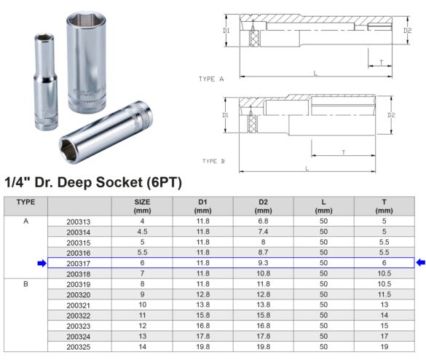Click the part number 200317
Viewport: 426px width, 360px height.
[x=78, y=262]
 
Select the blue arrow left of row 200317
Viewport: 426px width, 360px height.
[x=42, y=262]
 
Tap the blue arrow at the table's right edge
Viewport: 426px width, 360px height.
[x=420, y=262]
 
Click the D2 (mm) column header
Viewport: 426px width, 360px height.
[x=264, y=206]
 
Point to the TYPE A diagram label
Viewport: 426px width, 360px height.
[x=211, y=78]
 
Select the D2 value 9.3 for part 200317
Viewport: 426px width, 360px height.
[x=264, y=262]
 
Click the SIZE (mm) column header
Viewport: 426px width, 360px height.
[x=143, y=206]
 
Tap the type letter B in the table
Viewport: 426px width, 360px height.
[x=25, y=283]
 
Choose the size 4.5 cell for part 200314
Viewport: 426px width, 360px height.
[x=143, y=231]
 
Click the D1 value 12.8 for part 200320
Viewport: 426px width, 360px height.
[x=203, y=294]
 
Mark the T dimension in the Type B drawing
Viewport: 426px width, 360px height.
[x=343, y=152]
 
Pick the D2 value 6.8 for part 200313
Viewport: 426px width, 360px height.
[x=264, y=221]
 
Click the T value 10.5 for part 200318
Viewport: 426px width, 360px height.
[x=384, y=273]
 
